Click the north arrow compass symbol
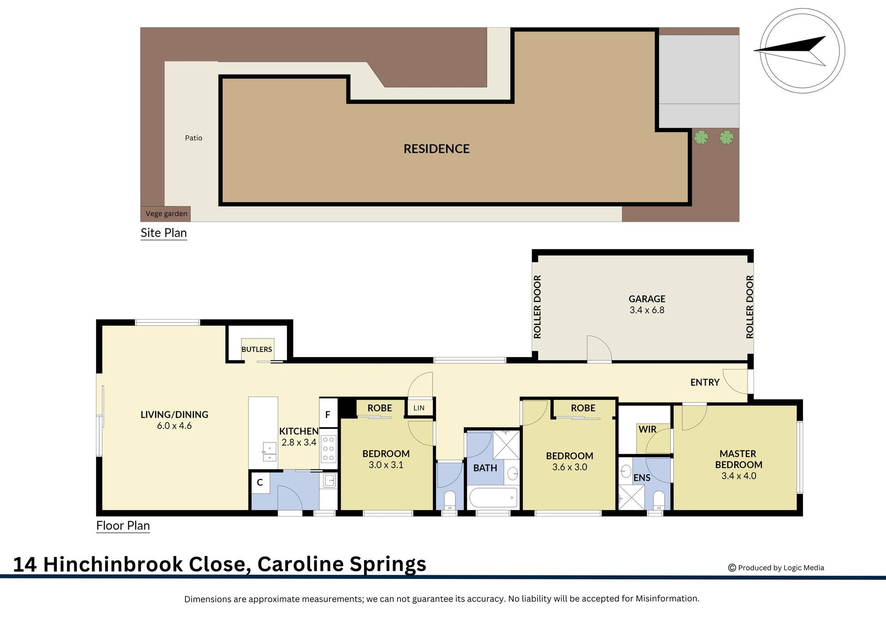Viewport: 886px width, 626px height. click(x=802, y=51)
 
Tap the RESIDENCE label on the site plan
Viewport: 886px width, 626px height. click(x=436, y=149)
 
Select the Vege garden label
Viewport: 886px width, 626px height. click(x=166, y=214)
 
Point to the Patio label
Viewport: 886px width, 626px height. click(x=193, y=138)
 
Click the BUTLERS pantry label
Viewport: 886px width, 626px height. click(x=257, y=349)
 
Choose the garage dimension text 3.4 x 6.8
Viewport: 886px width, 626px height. click(x=647, y=310)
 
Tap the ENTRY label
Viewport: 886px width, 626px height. click(x=705, y=382)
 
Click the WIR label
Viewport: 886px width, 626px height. click(x=647, y=429)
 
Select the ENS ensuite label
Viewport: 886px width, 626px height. click(x=641, y=478)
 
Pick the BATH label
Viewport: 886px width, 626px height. click(x=485, y=468)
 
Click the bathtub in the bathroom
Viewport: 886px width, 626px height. click(x=492, y=498)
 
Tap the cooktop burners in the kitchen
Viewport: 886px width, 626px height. click(x=328, y=448)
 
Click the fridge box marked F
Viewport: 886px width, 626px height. click(x=328, y=414)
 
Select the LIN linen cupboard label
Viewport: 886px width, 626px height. click(x=419, y=408)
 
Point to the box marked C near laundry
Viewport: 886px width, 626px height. click(x=260, y=483)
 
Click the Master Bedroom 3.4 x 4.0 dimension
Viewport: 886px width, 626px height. click(x=738, y=476)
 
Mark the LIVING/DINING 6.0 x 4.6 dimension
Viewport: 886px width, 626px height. click(x=174, y=426)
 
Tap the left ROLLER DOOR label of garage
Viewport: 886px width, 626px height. click(x=537, y=307)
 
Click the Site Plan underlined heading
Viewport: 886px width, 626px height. click(x=163, y=233)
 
